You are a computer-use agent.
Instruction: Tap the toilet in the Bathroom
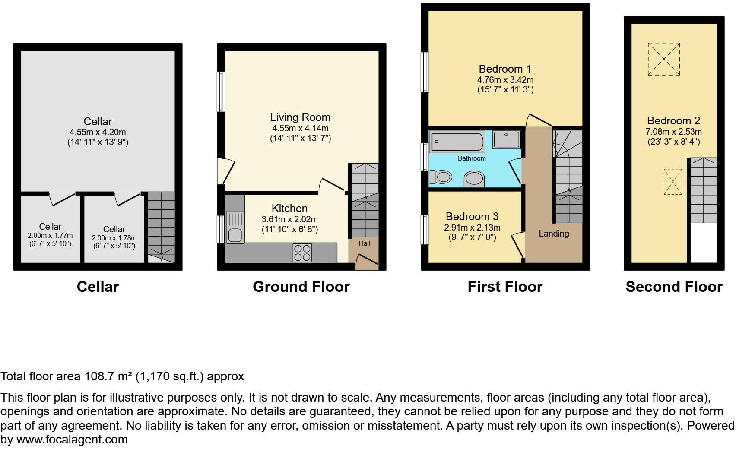pos(441,176)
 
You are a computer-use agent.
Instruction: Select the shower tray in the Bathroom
pos(506,140)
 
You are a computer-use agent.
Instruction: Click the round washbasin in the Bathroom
pos(474,179)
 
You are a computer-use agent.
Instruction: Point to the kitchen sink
pos(235,228)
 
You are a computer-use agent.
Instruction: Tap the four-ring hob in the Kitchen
pos(302,253)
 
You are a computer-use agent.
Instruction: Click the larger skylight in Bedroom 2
pos(664,59)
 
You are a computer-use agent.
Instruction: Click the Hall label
pos(364,243)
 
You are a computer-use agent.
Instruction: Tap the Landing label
pos(554,234)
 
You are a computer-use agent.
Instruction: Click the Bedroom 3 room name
pos(472,216)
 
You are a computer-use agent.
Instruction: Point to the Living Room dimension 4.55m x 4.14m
pos(300,128)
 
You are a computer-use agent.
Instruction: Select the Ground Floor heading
pos(301,287)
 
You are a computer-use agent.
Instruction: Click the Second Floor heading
pos(674,287)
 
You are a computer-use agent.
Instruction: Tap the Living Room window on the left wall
pos(221,92)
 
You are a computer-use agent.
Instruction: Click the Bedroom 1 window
pos(425,72)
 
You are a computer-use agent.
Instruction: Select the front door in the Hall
pos(367,261)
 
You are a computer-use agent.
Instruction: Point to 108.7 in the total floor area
pos(98,376)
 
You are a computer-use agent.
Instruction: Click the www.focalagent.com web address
pos(72,440)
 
